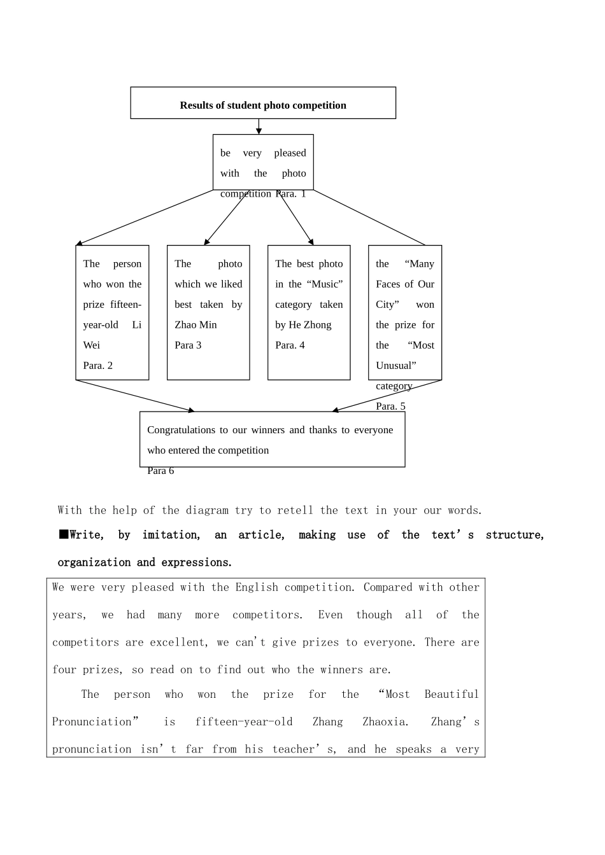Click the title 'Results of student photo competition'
(263, 106)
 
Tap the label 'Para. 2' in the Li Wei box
(98, 366)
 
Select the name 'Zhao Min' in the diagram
(196, 325)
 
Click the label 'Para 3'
(188, 345)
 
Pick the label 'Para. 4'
(290, 345)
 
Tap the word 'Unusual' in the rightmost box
(395, 366)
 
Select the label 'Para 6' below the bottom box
(160, 471)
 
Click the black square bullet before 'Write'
(64, 534)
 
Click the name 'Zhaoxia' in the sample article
(385, 722)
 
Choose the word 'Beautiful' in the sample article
(452, 695)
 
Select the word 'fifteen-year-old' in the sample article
(244, 722)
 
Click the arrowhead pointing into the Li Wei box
(79, 243)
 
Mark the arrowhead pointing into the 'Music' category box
(311, 242)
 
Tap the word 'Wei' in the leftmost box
(92, 345)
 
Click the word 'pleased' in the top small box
(290, 153)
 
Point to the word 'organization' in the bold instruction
(93, 562)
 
